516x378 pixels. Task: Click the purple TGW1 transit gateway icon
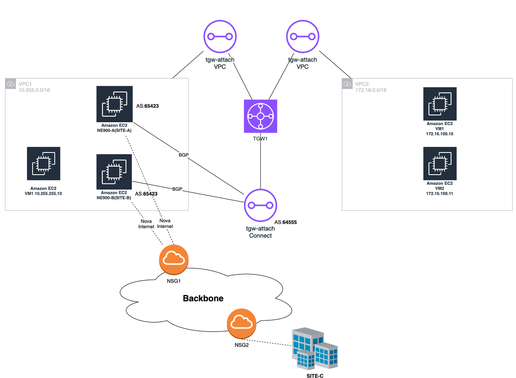260,116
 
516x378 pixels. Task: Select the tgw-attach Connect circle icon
260,205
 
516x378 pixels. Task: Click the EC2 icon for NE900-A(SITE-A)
114,104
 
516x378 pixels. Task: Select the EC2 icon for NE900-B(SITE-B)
114,171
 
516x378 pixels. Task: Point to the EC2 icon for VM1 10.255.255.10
44,163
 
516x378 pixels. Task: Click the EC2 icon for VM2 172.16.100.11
440,163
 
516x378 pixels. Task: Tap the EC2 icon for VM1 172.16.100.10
440,104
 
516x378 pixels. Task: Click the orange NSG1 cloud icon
174,258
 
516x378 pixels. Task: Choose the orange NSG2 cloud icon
241,323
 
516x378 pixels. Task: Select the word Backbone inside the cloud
203,299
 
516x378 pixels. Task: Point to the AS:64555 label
288,222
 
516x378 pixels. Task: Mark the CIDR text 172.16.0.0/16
370,90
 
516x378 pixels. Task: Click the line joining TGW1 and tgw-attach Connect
260,161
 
